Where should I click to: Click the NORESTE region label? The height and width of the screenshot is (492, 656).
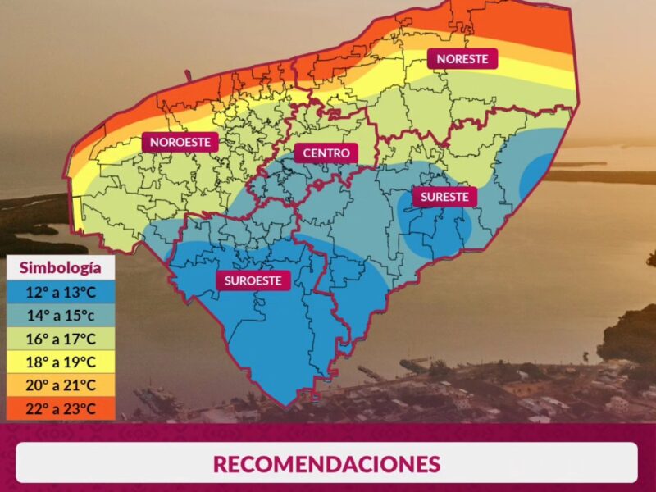tap(462, 59)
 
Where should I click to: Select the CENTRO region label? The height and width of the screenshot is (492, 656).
tap(326, 153)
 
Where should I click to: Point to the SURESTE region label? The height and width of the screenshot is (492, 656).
tap(444, 197)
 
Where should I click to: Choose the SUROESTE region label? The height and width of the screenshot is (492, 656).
tap(253, 280)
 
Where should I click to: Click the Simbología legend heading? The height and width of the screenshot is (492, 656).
tap(61, 268)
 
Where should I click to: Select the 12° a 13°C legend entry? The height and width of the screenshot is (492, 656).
tap(61, 293)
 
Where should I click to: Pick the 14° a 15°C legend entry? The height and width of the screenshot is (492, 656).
tap(61, 316)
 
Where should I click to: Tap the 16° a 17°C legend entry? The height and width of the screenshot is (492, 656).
tap(61, 339)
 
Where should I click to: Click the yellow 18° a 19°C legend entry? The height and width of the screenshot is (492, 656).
tap(61, 362)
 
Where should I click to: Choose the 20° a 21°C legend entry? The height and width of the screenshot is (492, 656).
tap(61, 385)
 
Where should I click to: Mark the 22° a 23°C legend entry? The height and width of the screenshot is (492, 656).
tap(61, 408)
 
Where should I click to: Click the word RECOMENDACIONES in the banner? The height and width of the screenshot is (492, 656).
tap(326, 463)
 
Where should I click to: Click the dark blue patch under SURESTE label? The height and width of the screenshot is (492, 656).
tap(435, 230)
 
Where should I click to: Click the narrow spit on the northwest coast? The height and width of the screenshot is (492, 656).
tap(188, 77)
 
